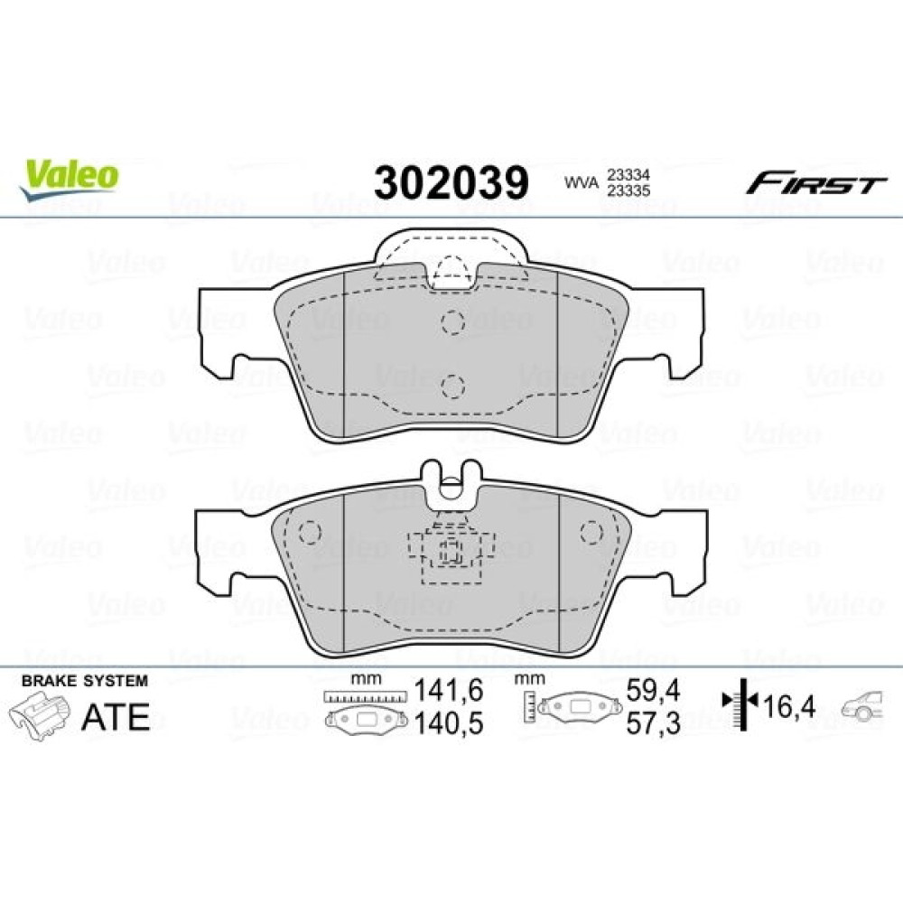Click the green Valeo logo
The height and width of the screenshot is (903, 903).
pos(70,180)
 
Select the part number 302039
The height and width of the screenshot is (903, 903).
pos(451,182)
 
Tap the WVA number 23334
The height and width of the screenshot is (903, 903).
pos(628,174)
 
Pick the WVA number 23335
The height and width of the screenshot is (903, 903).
pos(628,190)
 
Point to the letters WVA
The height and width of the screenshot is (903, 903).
pos(581,183)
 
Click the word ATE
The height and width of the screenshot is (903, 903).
pos(116,717)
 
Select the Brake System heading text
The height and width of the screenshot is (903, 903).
pos(85,681)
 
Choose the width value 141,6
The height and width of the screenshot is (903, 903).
pos(449,690)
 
